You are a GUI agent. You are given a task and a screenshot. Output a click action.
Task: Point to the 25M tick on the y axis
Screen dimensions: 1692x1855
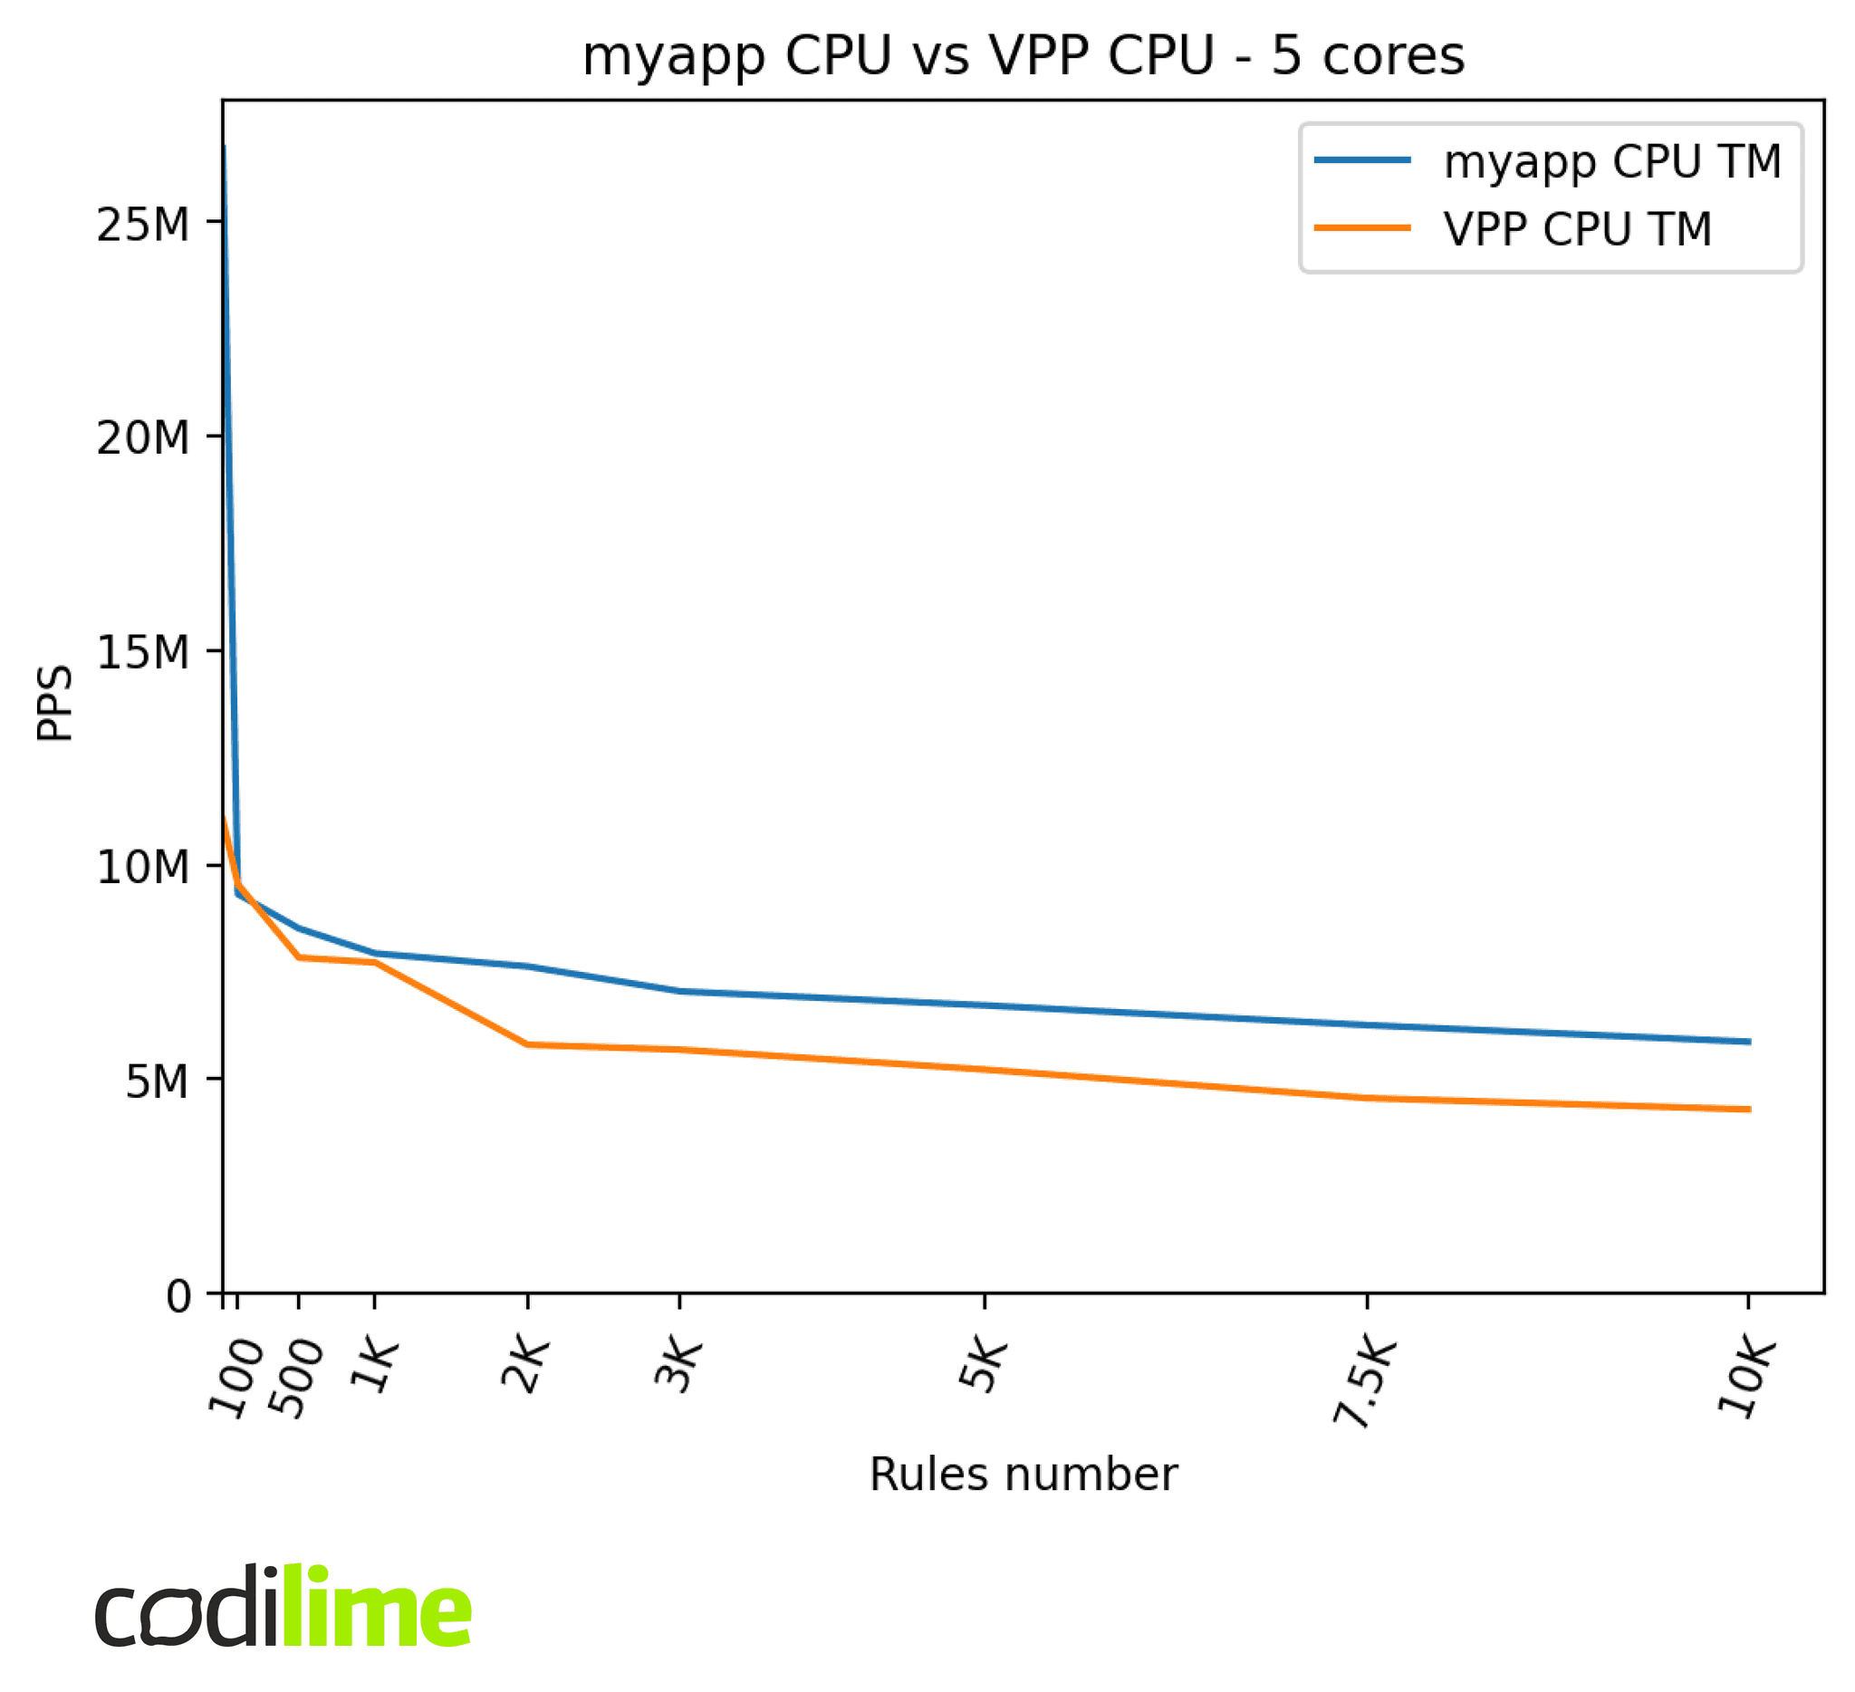142,225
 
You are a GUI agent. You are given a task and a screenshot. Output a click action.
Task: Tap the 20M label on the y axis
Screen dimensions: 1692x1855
142,438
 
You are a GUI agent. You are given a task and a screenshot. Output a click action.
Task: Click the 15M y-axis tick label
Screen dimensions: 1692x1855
142,652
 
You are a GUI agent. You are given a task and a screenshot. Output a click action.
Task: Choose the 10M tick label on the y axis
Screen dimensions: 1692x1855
142,867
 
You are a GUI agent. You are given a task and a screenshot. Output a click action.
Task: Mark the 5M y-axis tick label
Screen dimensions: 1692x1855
157,1082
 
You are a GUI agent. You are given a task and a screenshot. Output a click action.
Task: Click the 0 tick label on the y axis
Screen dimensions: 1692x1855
178,1296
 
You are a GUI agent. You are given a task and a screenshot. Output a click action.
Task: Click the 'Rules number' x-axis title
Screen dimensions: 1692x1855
1024,1475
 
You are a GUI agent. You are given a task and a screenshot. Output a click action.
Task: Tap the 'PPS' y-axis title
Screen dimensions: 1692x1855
55,703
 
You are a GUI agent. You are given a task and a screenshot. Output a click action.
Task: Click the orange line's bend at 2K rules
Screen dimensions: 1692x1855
527,1044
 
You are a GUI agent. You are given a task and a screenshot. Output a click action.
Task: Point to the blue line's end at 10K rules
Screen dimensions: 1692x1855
1748,1042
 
